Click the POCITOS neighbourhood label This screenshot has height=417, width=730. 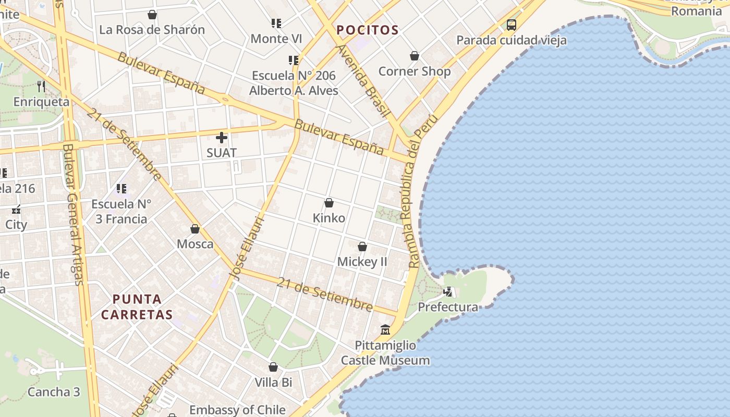368,30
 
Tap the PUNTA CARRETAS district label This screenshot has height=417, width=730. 137,307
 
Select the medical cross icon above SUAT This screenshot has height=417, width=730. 222,138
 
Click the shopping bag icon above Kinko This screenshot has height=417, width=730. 329,202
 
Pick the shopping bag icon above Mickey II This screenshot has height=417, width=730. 362,246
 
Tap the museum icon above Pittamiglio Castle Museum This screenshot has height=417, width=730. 385,330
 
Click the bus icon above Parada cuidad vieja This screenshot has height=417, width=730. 512,24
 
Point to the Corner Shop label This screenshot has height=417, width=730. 415,71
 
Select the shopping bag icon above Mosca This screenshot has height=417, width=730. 195,228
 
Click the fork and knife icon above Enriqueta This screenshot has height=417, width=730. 42,86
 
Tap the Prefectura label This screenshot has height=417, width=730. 448,307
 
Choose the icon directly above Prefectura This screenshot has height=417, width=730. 448,292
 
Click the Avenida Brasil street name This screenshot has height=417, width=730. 364,81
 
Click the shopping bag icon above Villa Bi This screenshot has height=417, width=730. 273,367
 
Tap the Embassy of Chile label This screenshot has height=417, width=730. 237,410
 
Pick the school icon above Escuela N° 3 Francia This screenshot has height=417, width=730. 121,188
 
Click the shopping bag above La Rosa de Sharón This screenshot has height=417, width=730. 152,15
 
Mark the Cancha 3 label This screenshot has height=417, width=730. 54,392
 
